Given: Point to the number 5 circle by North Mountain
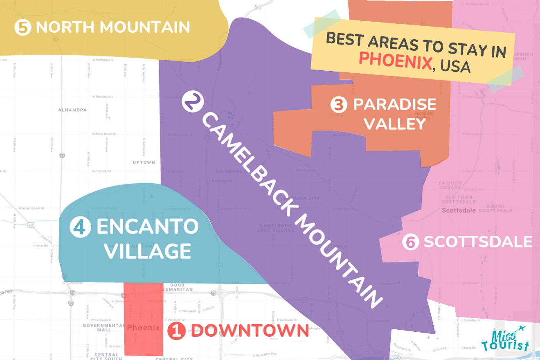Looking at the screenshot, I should click(22, 27).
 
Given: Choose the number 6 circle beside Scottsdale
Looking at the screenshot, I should click(410, 242).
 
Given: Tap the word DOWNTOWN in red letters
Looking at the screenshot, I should click(250, 331).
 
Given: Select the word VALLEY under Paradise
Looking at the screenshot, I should click(395, 123).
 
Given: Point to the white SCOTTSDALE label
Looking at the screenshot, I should click(477, 241).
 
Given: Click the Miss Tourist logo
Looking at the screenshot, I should click(505, 340).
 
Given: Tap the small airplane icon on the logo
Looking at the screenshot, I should click(521, 329).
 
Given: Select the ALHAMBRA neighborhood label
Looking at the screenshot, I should click(72, 110).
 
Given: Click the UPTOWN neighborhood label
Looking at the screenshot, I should click(144, 162).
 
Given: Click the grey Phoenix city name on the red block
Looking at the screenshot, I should click(143, 328).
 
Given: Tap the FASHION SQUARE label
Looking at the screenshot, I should click(450, 185).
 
